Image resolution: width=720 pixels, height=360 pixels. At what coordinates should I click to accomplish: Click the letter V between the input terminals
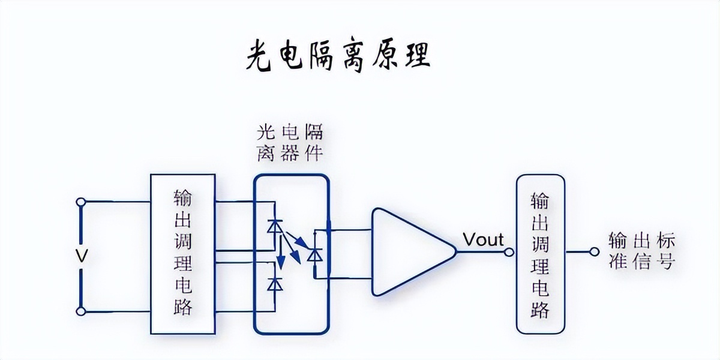(x=82, y=256)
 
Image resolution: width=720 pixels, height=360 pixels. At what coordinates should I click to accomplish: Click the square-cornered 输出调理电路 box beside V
(x=182, y=254)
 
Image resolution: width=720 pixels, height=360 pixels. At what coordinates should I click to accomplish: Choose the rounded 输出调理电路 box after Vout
(x=540, y=254)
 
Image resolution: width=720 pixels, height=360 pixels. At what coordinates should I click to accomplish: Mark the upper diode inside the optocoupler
(x=275, y=227)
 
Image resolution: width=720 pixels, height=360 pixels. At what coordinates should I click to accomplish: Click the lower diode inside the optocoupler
(x=275, y=284)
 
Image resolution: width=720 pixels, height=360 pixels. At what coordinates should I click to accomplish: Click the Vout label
(x=483, y=240)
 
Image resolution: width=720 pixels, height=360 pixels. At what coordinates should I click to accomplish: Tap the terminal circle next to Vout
(x=509, y=253)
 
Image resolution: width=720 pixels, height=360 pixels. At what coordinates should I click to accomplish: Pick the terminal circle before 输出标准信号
(x=595, y=253)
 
